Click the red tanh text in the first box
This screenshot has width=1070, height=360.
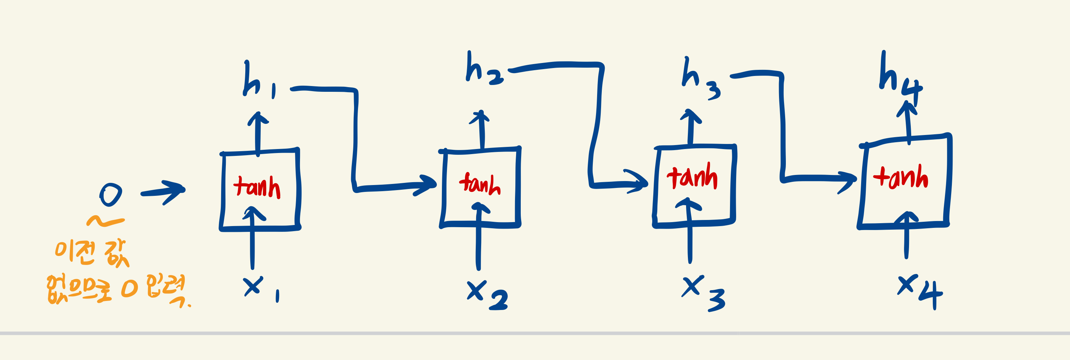pyautogui.click(x=257, y=187)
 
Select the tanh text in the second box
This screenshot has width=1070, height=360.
pyautogui.click(x=480, y=184)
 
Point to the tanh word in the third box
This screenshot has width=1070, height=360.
pyautogui.click(x=692, y=176)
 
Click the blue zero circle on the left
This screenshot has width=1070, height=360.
pyautogui.click(x=111, y=194)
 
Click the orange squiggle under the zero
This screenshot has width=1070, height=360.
pyautogui.click(x=105, y=221)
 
